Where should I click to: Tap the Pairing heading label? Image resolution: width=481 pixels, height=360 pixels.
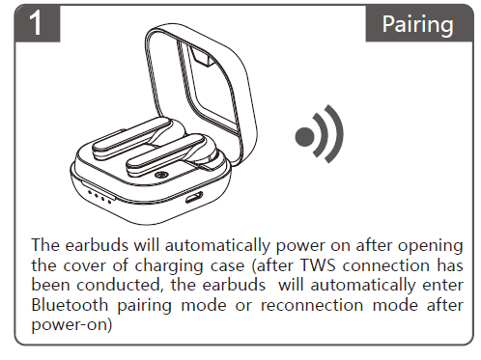417,23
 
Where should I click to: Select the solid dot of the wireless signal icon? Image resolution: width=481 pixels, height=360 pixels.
306,136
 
